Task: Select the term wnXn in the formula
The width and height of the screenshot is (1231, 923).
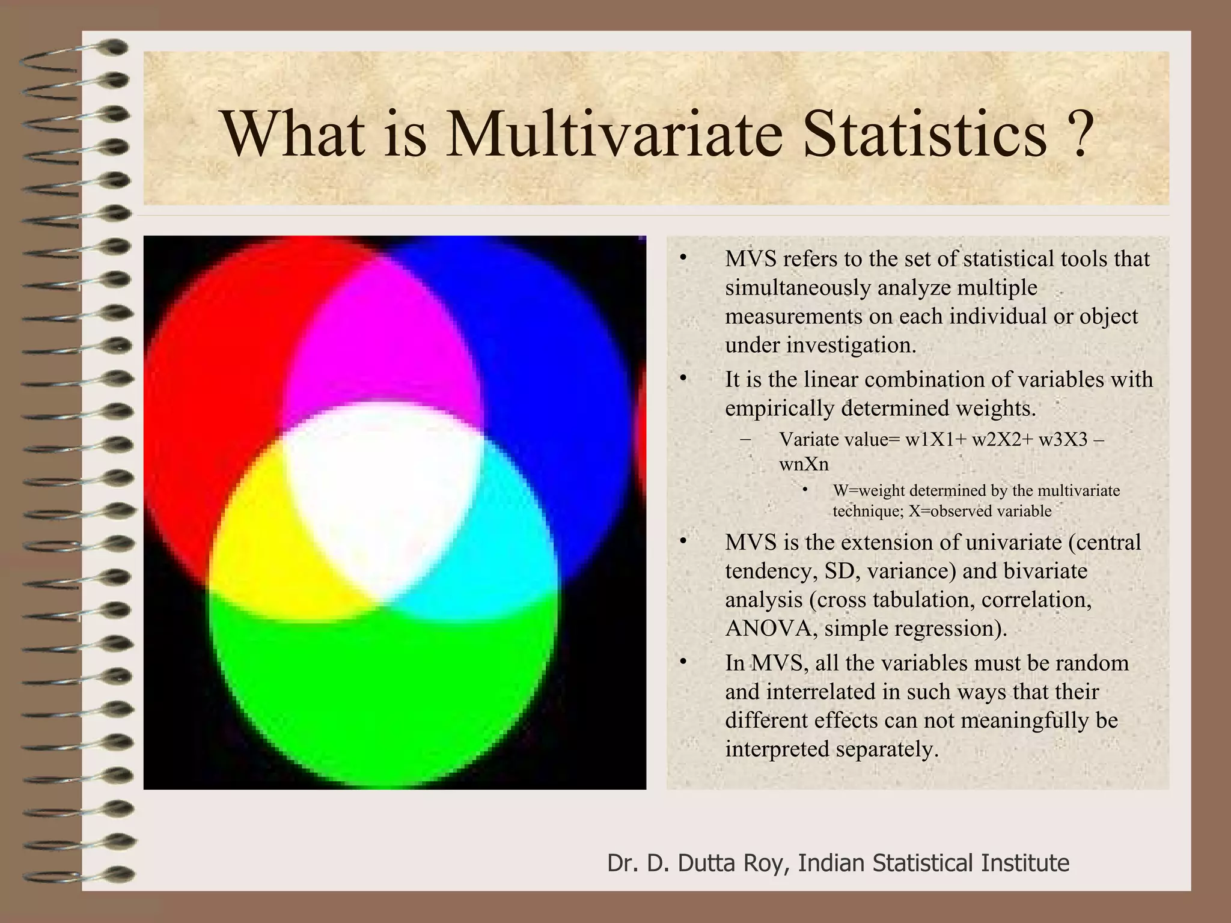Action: click(x=804, y=464)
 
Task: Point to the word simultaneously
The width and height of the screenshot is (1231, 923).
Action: click(x=798, y=288)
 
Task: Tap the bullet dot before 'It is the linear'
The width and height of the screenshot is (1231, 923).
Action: click(x=682, y=379)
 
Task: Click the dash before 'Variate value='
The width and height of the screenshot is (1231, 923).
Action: click(x=747, y=440)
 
